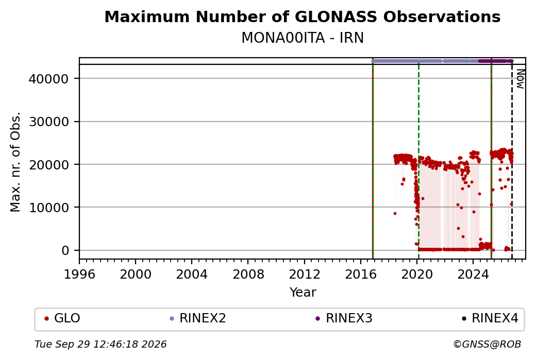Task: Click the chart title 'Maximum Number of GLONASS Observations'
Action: [302, 16]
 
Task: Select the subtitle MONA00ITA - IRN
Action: [302, 38]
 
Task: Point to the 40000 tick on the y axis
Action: [49, 79]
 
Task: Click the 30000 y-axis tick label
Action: [49, 122]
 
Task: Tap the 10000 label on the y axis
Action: [49, 208]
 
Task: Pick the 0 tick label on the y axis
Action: [65, 250]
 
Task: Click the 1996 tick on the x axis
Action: [79, 274]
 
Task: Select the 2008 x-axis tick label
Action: [248, 274]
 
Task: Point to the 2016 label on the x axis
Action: [361, 274]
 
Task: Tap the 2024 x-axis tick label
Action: [473, 274]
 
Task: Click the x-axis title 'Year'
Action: [303, 293]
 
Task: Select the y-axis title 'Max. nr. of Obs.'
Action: [15, 162]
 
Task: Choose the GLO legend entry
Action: [62, 318]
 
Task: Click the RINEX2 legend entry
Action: [198, 318]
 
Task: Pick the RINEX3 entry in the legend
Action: [344, 318]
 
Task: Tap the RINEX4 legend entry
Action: [490, 318]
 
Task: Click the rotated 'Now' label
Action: [520, 79]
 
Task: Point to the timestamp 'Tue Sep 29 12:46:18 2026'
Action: [100, 344]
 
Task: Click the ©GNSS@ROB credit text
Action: [487, 344]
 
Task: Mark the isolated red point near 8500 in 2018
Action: [395, 213]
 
